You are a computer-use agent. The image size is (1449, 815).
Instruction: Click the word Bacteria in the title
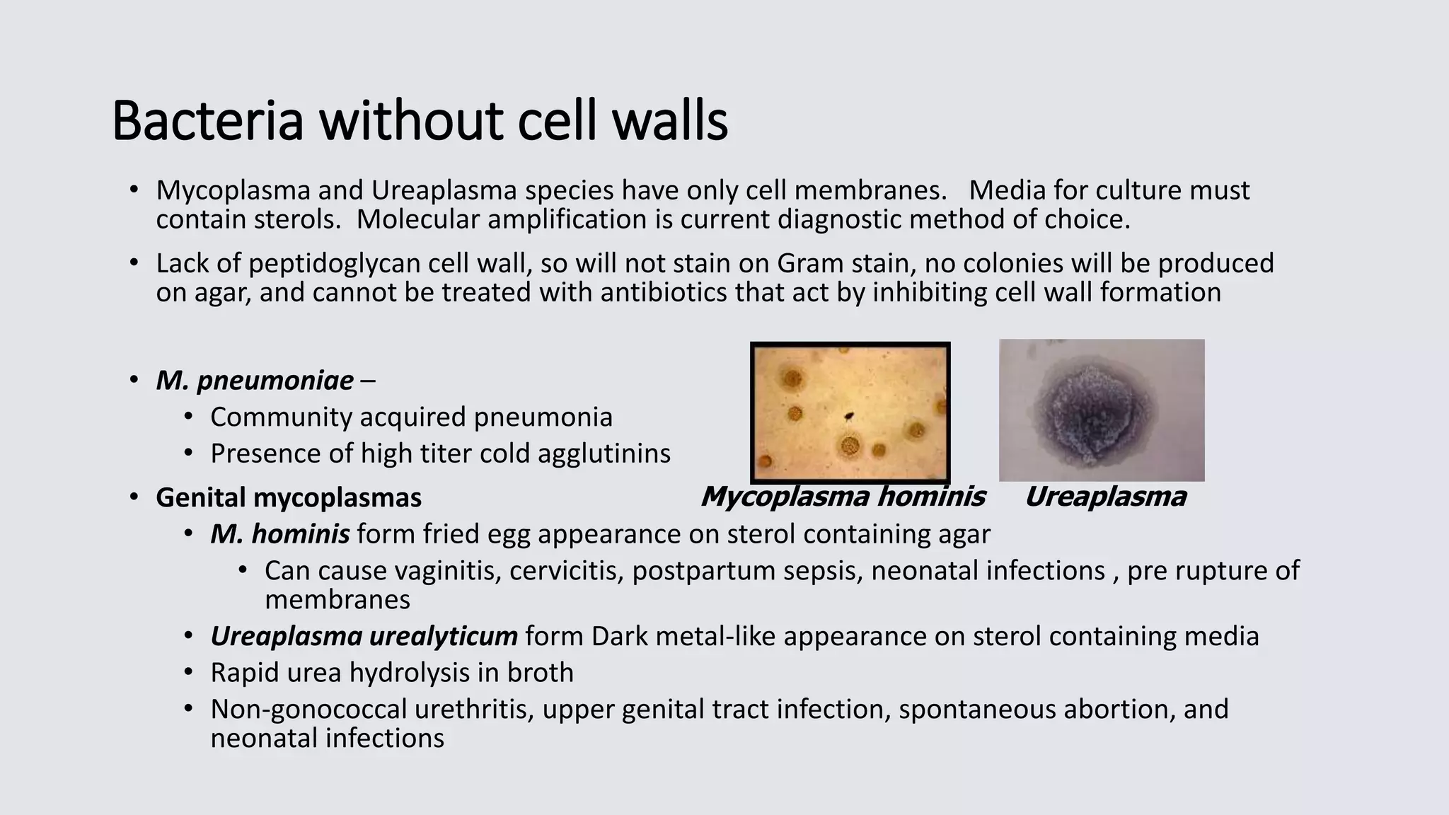click(207, 122)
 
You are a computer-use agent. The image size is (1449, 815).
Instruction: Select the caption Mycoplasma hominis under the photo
click(843, 497)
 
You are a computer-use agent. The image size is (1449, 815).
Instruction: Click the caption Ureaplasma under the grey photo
click(1105, 497)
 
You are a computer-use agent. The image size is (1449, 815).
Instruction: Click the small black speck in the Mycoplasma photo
click(848, 417)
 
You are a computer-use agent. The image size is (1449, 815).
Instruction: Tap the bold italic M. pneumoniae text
click(255, 381)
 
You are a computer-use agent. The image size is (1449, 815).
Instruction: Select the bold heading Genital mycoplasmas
click(289, 497)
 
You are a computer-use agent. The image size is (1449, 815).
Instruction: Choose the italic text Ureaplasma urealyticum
click(364, 636)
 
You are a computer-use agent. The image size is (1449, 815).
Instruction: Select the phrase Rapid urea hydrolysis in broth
click(391, 673)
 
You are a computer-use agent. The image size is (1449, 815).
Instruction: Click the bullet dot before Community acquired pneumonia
click(188, 417)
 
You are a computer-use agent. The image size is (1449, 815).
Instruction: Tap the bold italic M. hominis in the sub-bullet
click(279, 534)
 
